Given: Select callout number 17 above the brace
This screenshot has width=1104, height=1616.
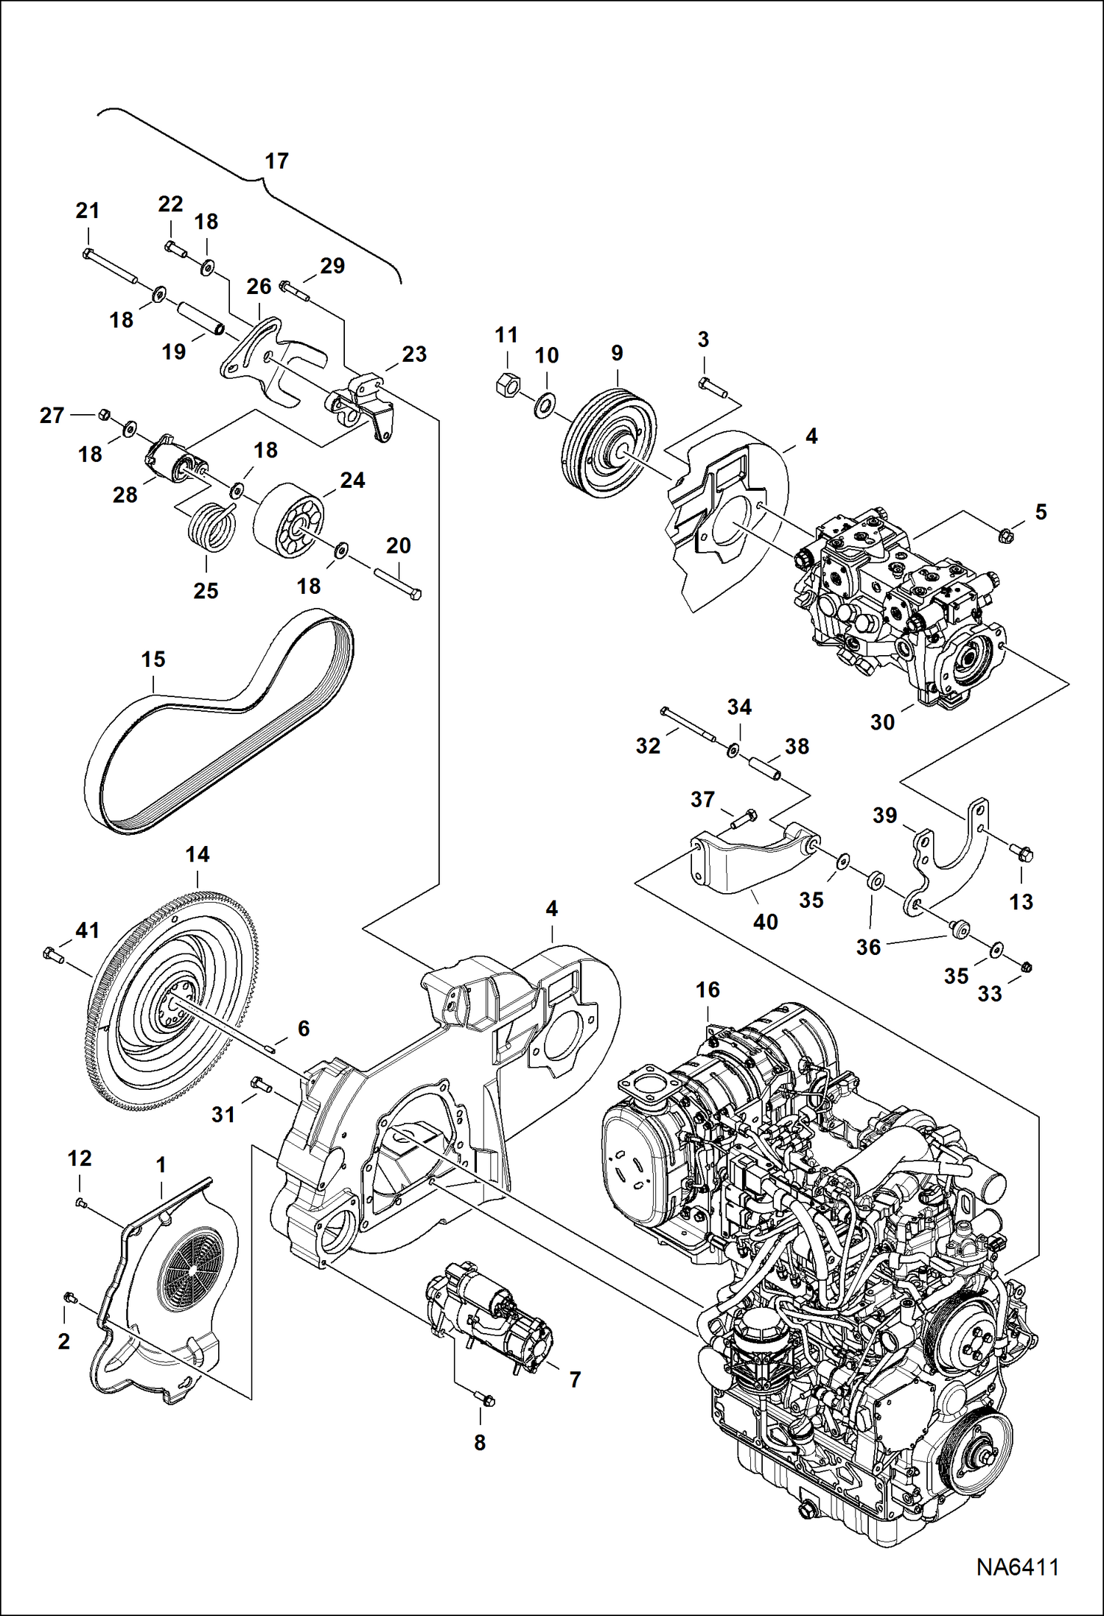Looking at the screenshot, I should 276,161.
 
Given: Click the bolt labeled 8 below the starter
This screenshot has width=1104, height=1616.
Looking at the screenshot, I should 484,1399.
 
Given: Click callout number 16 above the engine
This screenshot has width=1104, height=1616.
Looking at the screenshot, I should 708,990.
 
